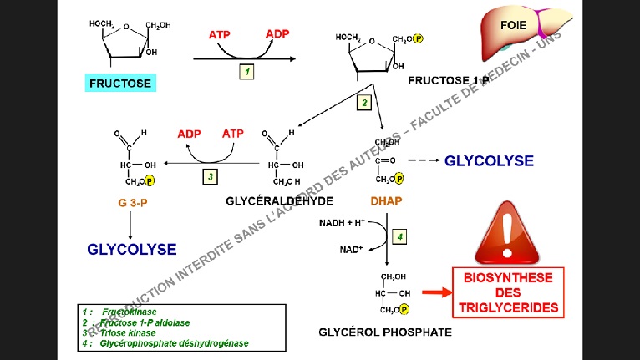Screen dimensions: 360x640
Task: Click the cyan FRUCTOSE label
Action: [x=119, y=84]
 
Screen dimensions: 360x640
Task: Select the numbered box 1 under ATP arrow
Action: [x=247, y=73]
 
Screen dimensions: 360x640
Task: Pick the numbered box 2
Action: [x=363, y=103]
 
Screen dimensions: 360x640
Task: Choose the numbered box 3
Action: [x=211, y=176]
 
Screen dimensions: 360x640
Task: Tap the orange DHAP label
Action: [x=387, y=201]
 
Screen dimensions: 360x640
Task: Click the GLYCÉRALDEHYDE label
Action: [x=280, y=201]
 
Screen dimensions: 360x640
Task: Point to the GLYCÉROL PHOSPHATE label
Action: [x=385, y=332]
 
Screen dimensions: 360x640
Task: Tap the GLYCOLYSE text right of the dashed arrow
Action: [x=489, y=160]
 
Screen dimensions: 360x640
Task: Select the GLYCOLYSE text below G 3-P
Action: [x=132, y=249]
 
